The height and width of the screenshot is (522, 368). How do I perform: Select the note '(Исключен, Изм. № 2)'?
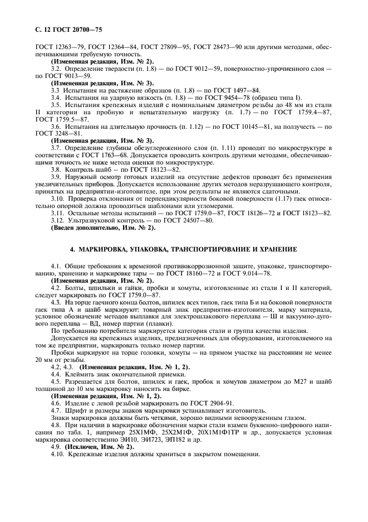point(99,446)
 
